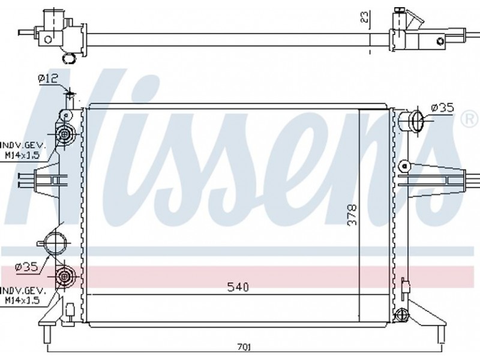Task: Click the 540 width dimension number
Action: click(x=238, y=287)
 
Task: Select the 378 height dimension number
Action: click(x=352, y=215)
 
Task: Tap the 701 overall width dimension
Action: click(x=244, y=347)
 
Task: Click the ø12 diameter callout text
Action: click(x=48, y=79)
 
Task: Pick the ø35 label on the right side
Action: click(x=442, y=108)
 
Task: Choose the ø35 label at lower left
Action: click(x=26, y=267)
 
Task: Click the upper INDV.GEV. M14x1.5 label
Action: click(x=23, y=150)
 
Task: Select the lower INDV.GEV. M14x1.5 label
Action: click(x=23, y=295)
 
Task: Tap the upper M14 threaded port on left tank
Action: click(x=65, y=134)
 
